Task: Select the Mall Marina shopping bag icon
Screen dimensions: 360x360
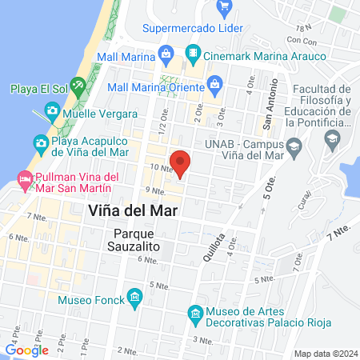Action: [166, 55]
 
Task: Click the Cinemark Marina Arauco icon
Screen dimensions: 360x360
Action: [192, 55]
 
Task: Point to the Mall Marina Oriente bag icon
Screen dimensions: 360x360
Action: [214, 83]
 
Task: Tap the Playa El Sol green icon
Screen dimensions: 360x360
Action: [78, 86]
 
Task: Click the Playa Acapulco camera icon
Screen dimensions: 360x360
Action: [40, 143]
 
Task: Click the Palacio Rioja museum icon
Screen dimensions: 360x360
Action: [194, 313]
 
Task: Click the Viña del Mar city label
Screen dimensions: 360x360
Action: [130, 210]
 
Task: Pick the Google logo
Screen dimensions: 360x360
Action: [26, 350]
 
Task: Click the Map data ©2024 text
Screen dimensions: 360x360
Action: [325, 353]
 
